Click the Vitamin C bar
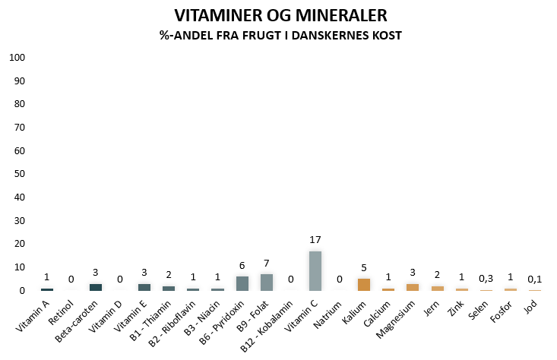[315, 271]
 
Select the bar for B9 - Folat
[267, 283]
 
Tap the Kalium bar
[364, 285]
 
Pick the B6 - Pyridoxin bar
[242, 283]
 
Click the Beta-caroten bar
[96, 287]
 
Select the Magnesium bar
[413, 287]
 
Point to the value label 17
[315, 240]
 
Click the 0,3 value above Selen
[486, 279]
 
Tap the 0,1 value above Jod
[535, 279]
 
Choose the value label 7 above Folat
[267, 263]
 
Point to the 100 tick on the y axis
[17, 58]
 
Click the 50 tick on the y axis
[20, 174]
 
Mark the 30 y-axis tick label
[20, 220]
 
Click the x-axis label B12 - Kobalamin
[267, 326]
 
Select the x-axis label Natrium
[328, 314]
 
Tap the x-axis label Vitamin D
[105, 317]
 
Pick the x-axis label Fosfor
[501, 311]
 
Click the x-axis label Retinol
[61, 312]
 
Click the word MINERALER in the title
[341, 16]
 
